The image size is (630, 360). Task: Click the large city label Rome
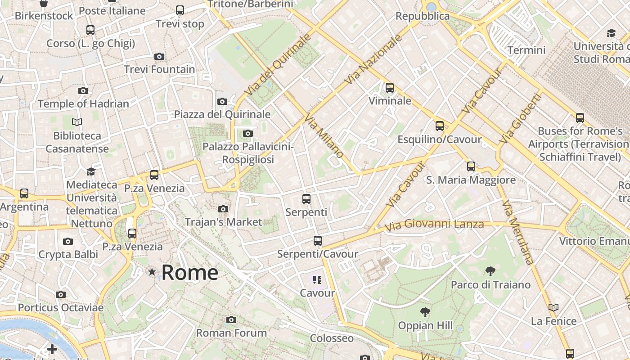(x=190, y=272)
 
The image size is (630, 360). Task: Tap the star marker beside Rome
(x=152, y=272)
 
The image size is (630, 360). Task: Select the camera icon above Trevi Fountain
(x=159, y=57)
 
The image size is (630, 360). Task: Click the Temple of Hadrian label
(x=83, y=103)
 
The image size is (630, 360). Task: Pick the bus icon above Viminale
(x=390, y=88)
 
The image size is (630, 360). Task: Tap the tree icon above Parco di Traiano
(x=490, y=271)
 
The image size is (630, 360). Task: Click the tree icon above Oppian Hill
(x=425, y=312)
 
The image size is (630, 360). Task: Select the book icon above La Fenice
(x=553, y=308)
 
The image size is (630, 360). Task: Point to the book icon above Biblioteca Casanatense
(x=77, y=122)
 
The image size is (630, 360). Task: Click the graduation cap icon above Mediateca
(x=91, y=171)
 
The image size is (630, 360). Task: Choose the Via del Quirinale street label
(x=278, y=66)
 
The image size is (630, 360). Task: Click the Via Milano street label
(x=324, y=136)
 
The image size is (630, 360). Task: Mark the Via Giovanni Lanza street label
(x=434, y=224)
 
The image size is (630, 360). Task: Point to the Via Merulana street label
(x=518, y=232)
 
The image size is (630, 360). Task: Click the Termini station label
(x=526, y=50)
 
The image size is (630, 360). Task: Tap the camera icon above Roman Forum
(x=231, y=320)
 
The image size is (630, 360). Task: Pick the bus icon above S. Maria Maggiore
(x=471, y=166)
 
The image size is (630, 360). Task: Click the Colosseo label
(x=332, y=338)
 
